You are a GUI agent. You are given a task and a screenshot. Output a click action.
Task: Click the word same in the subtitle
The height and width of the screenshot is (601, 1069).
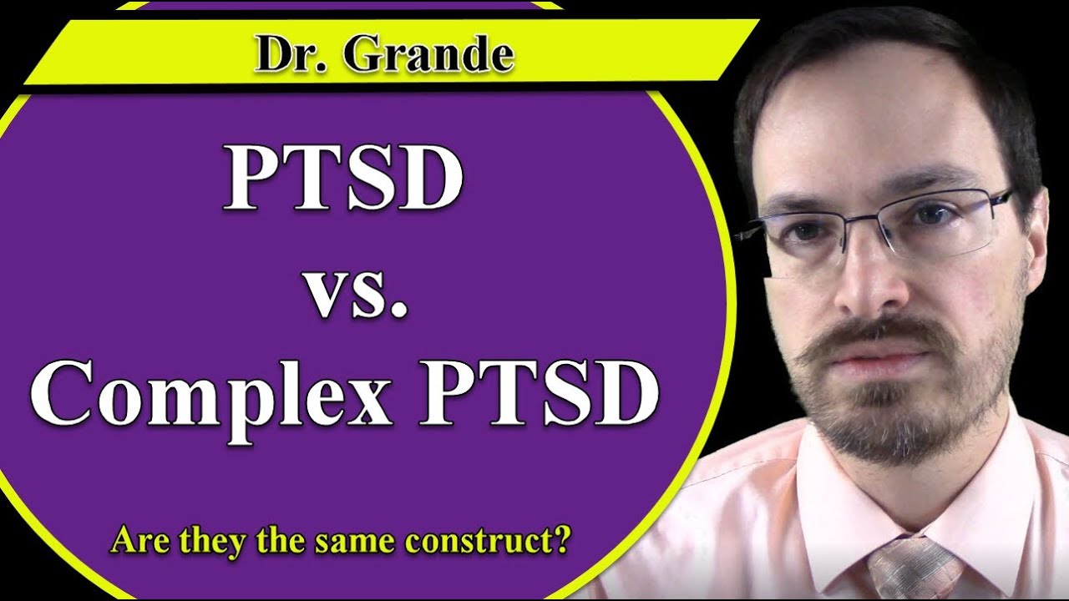coord(355,542)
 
